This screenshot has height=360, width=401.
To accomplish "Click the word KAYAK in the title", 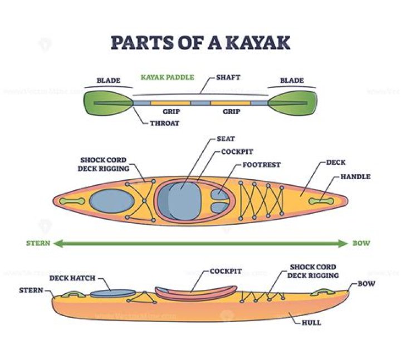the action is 258,42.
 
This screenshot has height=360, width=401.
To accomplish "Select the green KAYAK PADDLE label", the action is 168,77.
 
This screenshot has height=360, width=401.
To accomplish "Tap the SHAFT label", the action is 228,77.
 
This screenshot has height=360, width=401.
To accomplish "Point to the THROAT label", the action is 165,123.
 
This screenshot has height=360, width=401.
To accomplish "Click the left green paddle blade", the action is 108,103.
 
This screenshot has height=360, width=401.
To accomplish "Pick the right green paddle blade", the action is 292,103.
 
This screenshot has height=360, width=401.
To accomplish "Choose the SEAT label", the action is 226,139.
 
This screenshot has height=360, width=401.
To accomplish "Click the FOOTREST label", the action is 261,165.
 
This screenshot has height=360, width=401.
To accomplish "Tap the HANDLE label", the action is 355,176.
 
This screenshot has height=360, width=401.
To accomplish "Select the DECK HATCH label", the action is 72,278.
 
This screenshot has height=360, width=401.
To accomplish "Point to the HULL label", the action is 311,323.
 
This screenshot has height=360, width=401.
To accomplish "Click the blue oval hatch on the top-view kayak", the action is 112,201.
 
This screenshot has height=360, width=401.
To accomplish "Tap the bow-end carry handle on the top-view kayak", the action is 321,201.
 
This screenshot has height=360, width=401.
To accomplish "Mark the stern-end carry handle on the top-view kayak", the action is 72,201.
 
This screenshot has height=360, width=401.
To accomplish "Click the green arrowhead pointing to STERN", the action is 58,243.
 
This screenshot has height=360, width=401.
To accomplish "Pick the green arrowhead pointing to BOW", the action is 343,243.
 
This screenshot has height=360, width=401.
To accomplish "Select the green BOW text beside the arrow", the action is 361,243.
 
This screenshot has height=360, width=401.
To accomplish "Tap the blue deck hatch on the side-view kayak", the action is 113,293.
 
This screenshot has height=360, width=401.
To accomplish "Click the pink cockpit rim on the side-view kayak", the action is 196,293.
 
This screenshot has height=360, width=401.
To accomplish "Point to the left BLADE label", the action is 109,81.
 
